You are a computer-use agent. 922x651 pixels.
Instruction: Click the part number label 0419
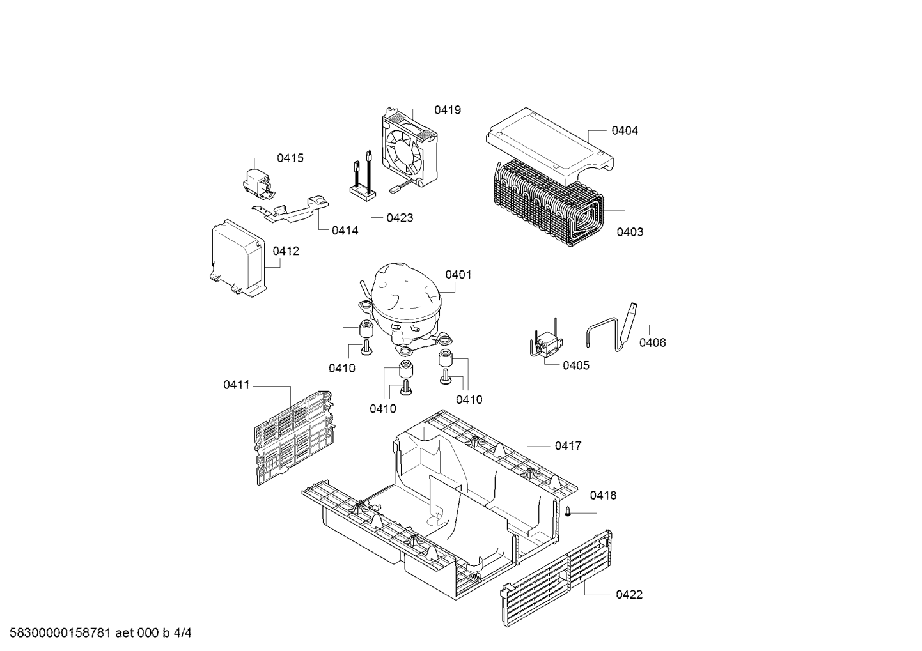click(447, 110)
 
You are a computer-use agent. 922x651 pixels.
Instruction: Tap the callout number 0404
click(624, 130)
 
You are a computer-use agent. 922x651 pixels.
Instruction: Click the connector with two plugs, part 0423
click(362, 182)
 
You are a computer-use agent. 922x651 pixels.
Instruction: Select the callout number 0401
click(458, 275)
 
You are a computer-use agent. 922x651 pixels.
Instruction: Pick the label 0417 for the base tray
click(568, 446)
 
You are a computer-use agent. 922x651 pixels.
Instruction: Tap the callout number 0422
click(629, 595)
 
